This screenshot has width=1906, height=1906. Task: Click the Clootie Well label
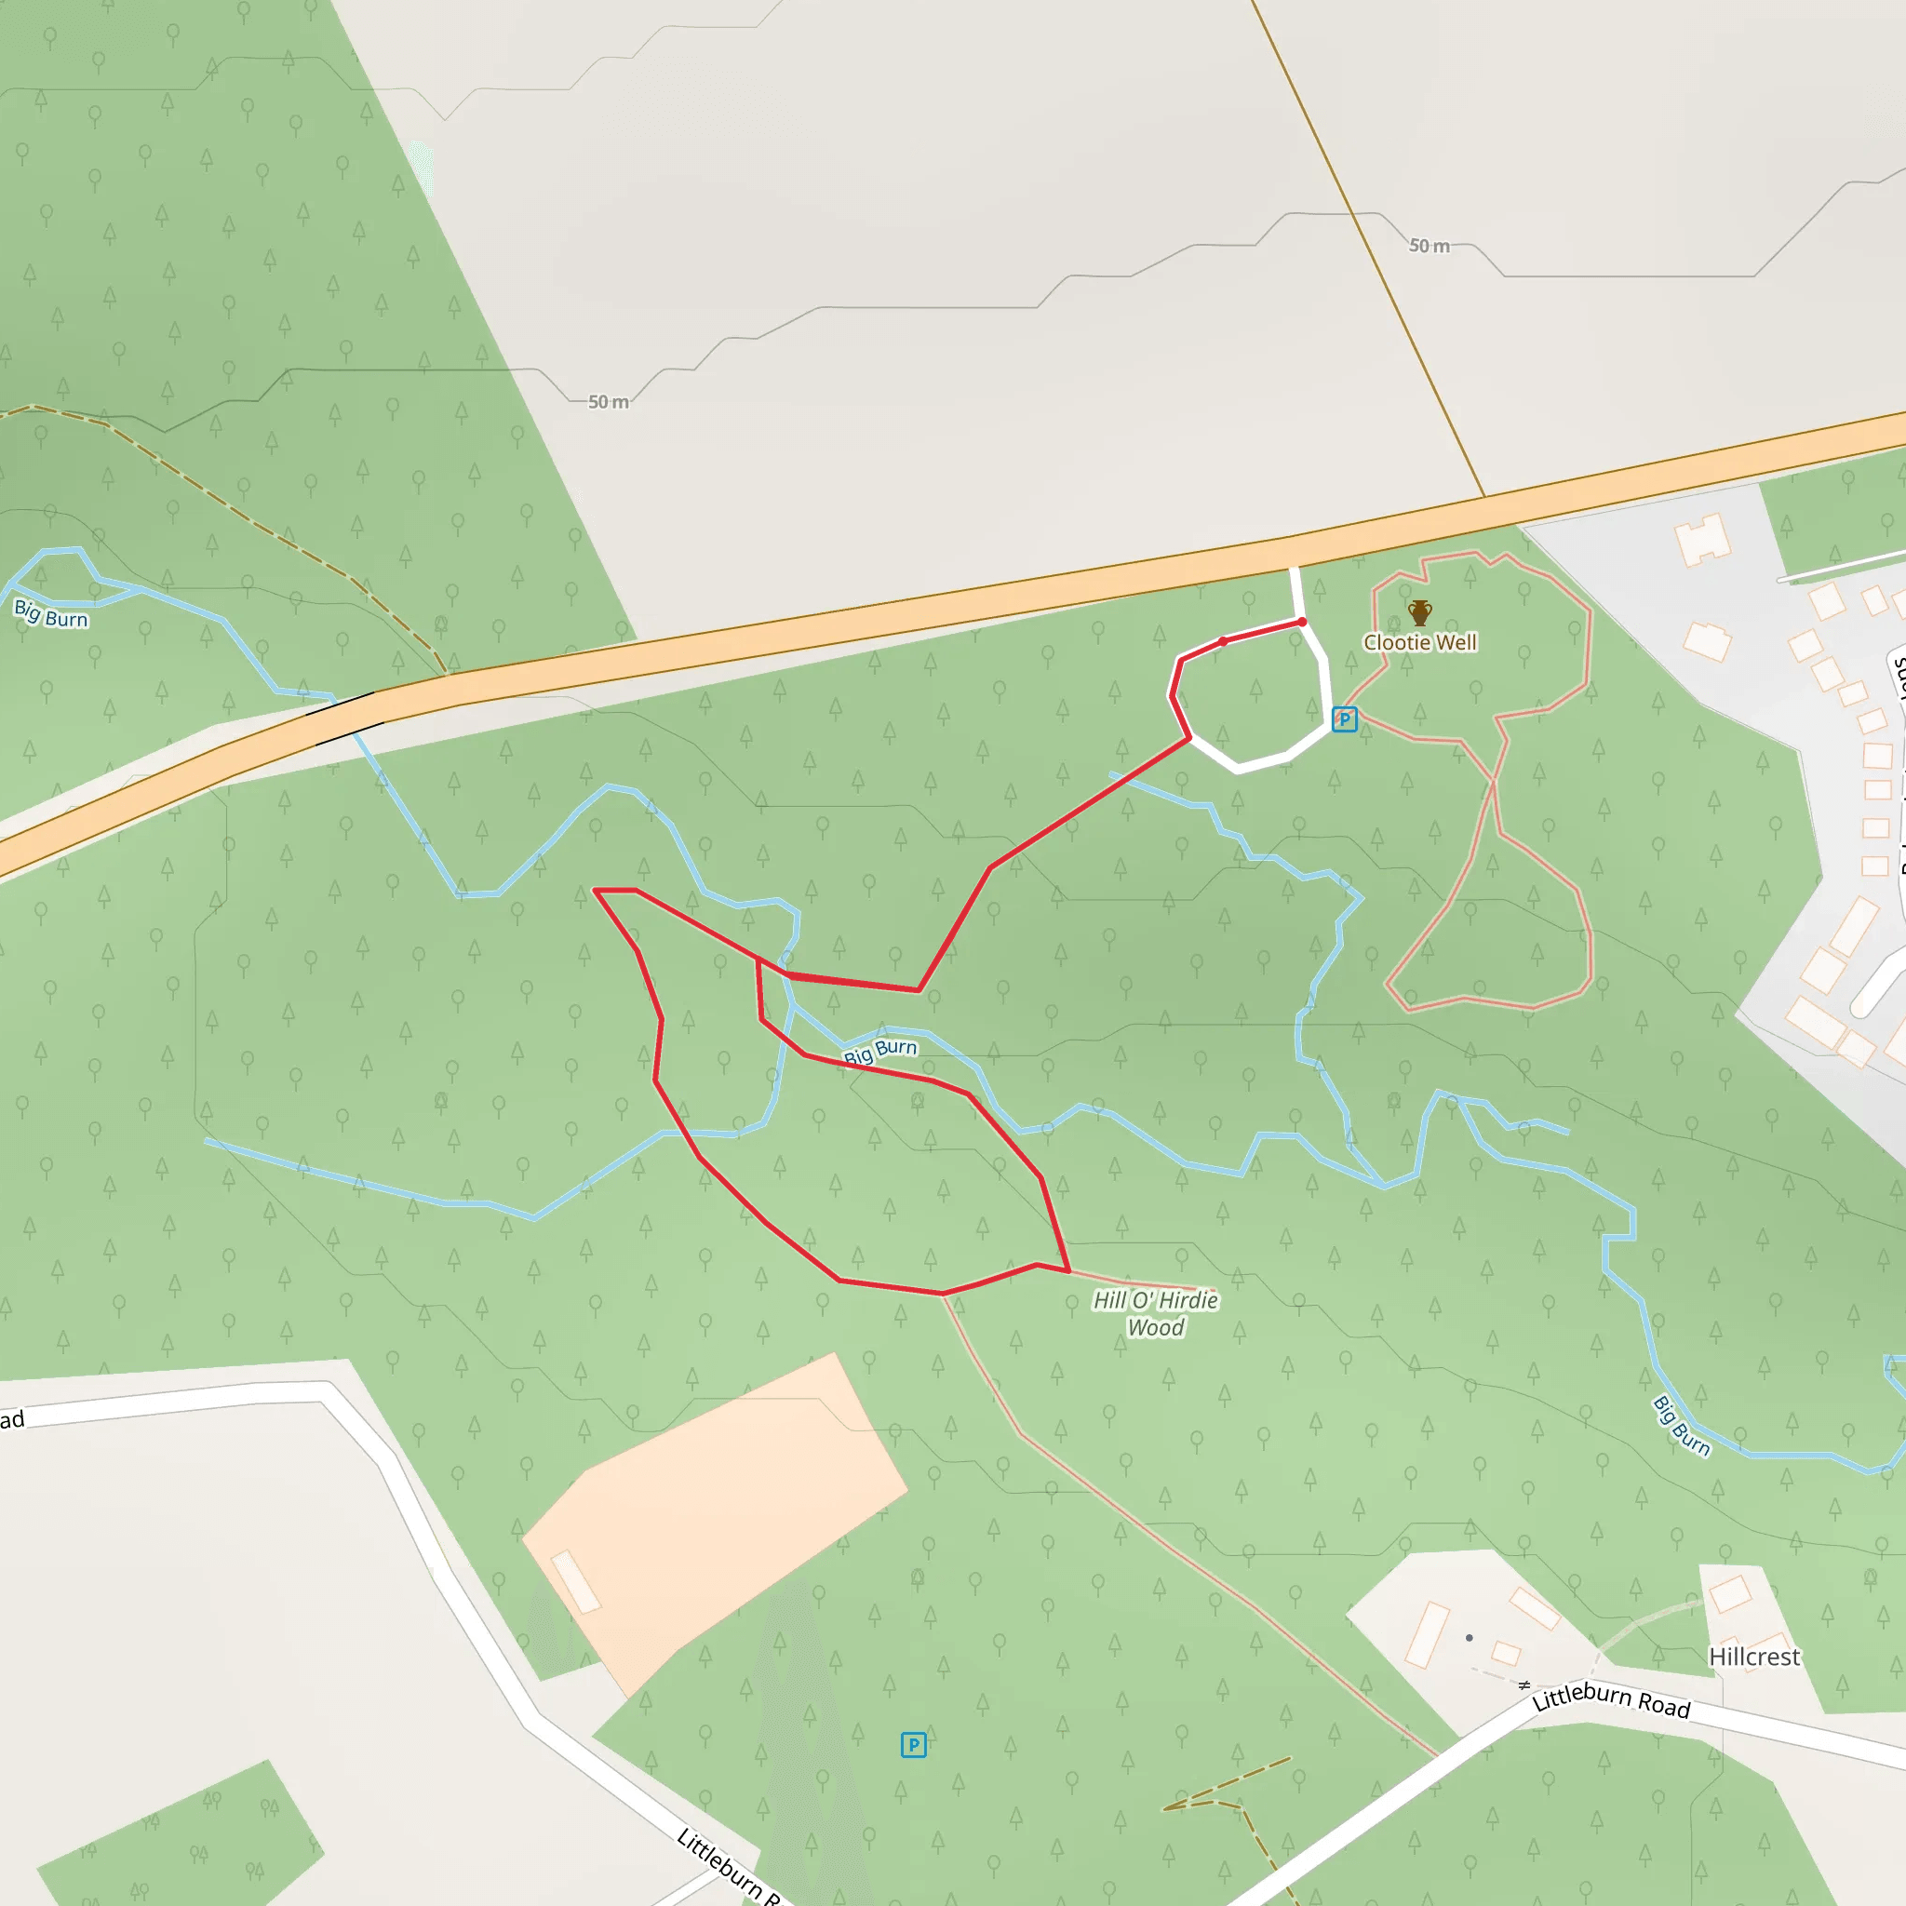click(x=1419, y=642)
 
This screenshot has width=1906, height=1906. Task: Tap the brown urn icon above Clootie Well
click(x=1419, y=612)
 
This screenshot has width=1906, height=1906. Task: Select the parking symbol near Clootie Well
click(x=1344, y=719)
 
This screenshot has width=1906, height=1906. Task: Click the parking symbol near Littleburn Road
click(x=914, y=1744)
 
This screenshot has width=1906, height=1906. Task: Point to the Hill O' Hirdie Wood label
click(x=1155, y=1313)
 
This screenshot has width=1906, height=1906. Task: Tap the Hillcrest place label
click(x=1754, y=1657)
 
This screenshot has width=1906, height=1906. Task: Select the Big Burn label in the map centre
click(x=880, y=1051)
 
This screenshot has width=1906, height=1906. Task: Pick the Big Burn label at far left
click(x=50, y=613)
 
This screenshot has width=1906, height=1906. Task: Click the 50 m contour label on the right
click(x=1429, y=246)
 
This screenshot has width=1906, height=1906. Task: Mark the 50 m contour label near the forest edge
click(x=609, y=401)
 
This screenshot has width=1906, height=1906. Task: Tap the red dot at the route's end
click(x=1302, y=622)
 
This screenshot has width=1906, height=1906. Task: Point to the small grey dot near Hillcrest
click(x=1469, y=1638)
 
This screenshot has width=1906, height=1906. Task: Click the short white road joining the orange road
click(x=1297, y=592)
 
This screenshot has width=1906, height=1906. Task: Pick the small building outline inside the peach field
click(x=575, y=1581)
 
